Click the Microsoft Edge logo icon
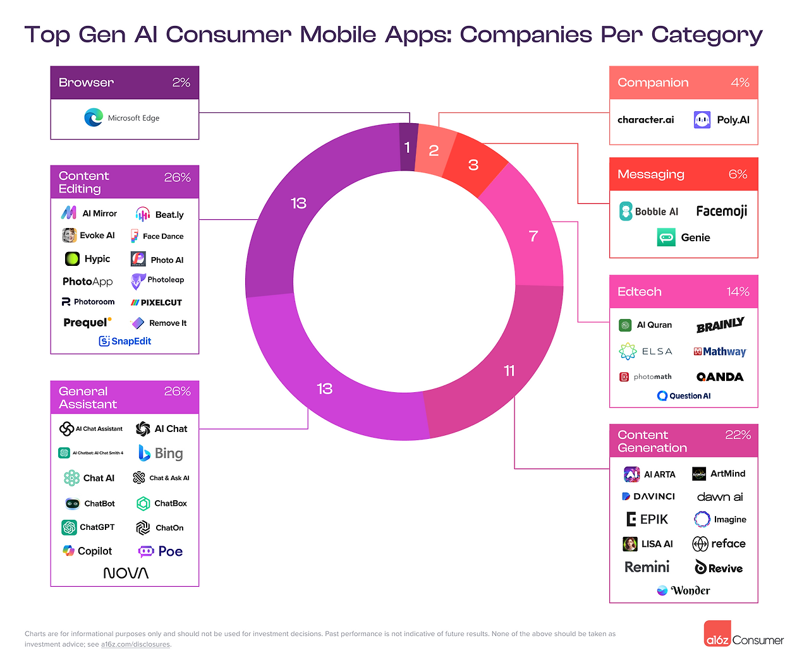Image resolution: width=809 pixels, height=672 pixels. (94, 117)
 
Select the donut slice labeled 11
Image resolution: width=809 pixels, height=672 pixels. (509, 371)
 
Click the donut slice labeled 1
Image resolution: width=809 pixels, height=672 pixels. (408, 147)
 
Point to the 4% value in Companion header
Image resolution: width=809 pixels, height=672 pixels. (739, 83)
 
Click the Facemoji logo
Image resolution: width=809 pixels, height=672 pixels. (721, 211)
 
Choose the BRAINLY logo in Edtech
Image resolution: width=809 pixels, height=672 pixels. (720, 325)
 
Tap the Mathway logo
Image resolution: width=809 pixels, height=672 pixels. (720, 352)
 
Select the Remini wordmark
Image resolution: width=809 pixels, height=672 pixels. (647, 567)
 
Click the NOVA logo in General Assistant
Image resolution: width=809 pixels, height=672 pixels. (126, 573)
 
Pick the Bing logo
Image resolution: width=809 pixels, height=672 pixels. (161, 453)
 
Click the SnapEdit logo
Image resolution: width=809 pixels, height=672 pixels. (125, 341)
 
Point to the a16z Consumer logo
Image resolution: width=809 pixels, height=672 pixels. (744, 635)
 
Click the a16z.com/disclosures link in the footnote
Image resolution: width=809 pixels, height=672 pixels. (135, 644)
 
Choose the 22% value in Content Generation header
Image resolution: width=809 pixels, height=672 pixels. (738, 435)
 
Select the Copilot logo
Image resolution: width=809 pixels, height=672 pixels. (87, 551)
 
